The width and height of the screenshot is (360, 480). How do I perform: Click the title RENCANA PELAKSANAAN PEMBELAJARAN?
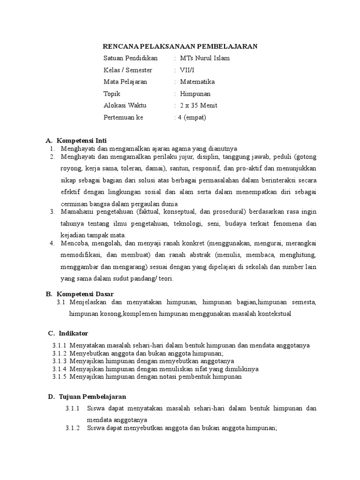[x=180, y=46]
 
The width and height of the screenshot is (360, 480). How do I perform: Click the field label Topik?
[x=112, y=94]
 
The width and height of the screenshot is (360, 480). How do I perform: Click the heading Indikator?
[x=74, y=333]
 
